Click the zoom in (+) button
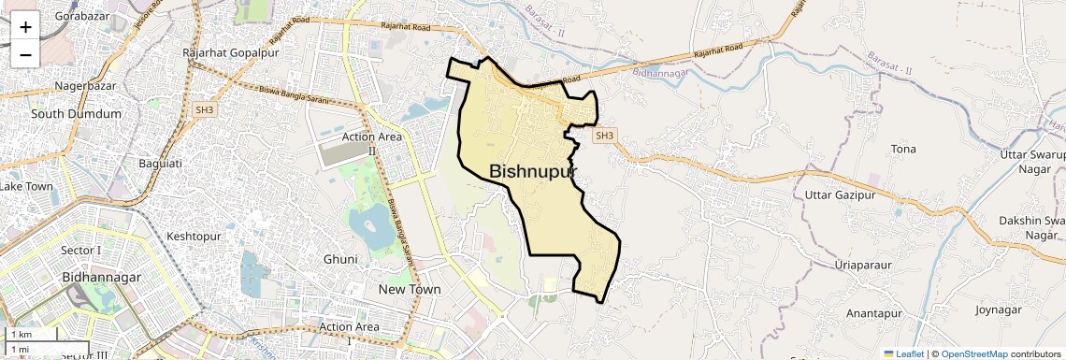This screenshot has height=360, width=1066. click(x=25, y=27)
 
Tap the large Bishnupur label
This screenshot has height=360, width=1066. click(x=533, y=171)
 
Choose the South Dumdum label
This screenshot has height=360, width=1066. click(x=77, y=114)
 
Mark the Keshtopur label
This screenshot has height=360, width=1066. click(x=194, y=237)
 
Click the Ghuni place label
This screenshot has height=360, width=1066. click(x=340, y=259)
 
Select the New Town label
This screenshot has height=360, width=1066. click(x=410, y=290)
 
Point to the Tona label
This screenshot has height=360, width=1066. click(x=903, y=150)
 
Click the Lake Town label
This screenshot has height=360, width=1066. click(x=26, y=186)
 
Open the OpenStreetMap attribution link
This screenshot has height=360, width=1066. click(x=974, y=354)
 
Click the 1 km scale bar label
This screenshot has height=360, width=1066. click(x=22, y=335)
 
